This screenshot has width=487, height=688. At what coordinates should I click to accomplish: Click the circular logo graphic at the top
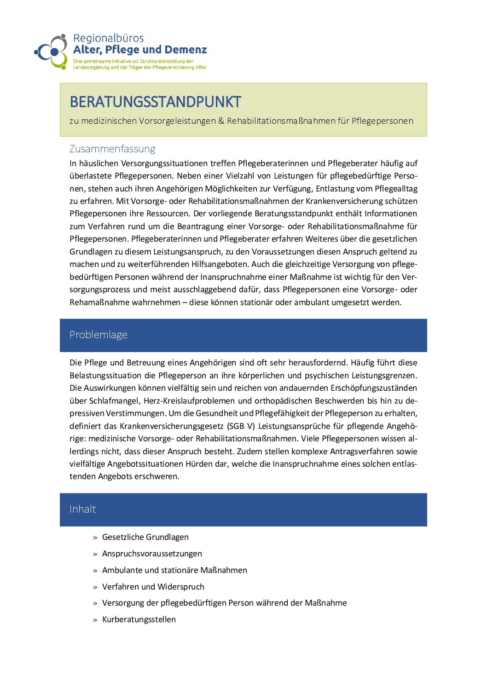click(x=52, y=52)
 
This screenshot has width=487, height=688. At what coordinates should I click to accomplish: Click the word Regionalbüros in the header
click(x=108, y=38)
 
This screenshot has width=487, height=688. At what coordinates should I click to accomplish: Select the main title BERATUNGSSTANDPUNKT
click(x=155, y=102)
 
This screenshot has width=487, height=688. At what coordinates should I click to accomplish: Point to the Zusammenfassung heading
click(x=112, y=149)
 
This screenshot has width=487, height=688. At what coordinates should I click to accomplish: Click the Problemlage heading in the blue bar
click(x=98, y=335)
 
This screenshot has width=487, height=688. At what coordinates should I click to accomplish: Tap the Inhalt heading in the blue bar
click(x=82, y=509)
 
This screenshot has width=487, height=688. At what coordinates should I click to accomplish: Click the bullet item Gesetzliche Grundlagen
click(x=145, y=537)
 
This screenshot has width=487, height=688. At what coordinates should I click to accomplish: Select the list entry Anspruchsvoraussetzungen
click(x=152, y=554)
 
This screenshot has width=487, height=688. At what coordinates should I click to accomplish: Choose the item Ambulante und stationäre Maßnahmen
click(x=174, y=570)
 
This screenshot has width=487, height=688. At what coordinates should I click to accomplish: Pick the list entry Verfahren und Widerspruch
click(x=153, y=587)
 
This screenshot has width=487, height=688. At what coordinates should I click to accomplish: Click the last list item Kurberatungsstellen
click(x=139, y=619)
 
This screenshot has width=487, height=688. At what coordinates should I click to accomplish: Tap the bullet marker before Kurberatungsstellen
click(x=95, y=620)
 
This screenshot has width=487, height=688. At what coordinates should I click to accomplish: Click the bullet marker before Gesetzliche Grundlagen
click(x=95, y=538)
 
